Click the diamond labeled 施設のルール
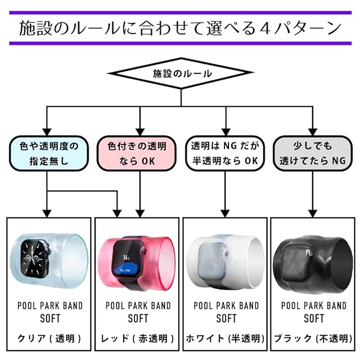tap(181, 73)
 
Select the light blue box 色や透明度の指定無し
tap(49, 154)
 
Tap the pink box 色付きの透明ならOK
tap(137, 154)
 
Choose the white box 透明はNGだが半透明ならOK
tap(225, 154)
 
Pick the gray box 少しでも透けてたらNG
tap(313, 154)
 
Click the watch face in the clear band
tap(35, 258)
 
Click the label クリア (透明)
tap(49, 339)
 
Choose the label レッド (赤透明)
tap(137, 339)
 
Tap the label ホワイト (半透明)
tap(225, 339)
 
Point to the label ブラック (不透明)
tap(313, 339)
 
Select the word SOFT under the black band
tap(314, 318)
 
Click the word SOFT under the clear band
tap(50, 318)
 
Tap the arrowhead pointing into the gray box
tap(313, 132)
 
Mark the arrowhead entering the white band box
tap(225, 214)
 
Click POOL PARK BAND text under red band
tap(138, 305)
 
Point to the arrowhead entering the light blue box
tap(47, 132)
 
